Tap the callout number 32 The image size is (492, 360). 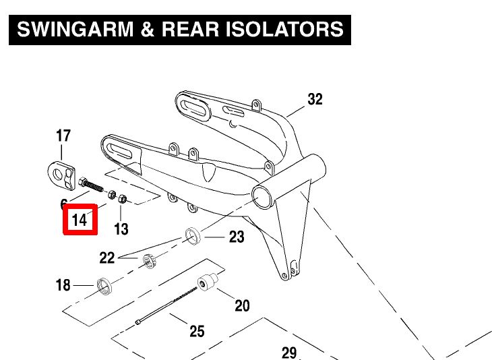pyautogui.click(x=315, y=99)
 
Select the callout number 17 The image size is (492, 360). pyautogui.click(x=63, y=136)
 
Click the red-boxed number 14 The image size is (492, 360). pyautogui.click(x=80, y=220)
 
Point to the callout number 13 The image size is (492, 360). pyautogui.click(x=121, y=229)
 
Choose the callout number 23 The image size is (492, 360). pyautogui.click(x=237, y=237)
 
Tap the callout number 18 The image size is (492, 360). pyautogui.click(x=63, y=286)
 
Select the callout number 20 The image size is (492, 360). pyautogui.click(x=242, y=306)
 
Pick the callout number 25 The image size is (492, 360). pyautogui.click(x=197, y=331)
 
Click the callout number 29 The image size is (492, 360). pyautogui.click(x=288, y=352)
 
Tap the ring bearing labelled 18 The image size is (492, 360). pyautogui.click(x=105, y=286)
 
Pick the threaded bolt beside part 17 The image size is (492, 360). pyautogui.click(x=92, y=185)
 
